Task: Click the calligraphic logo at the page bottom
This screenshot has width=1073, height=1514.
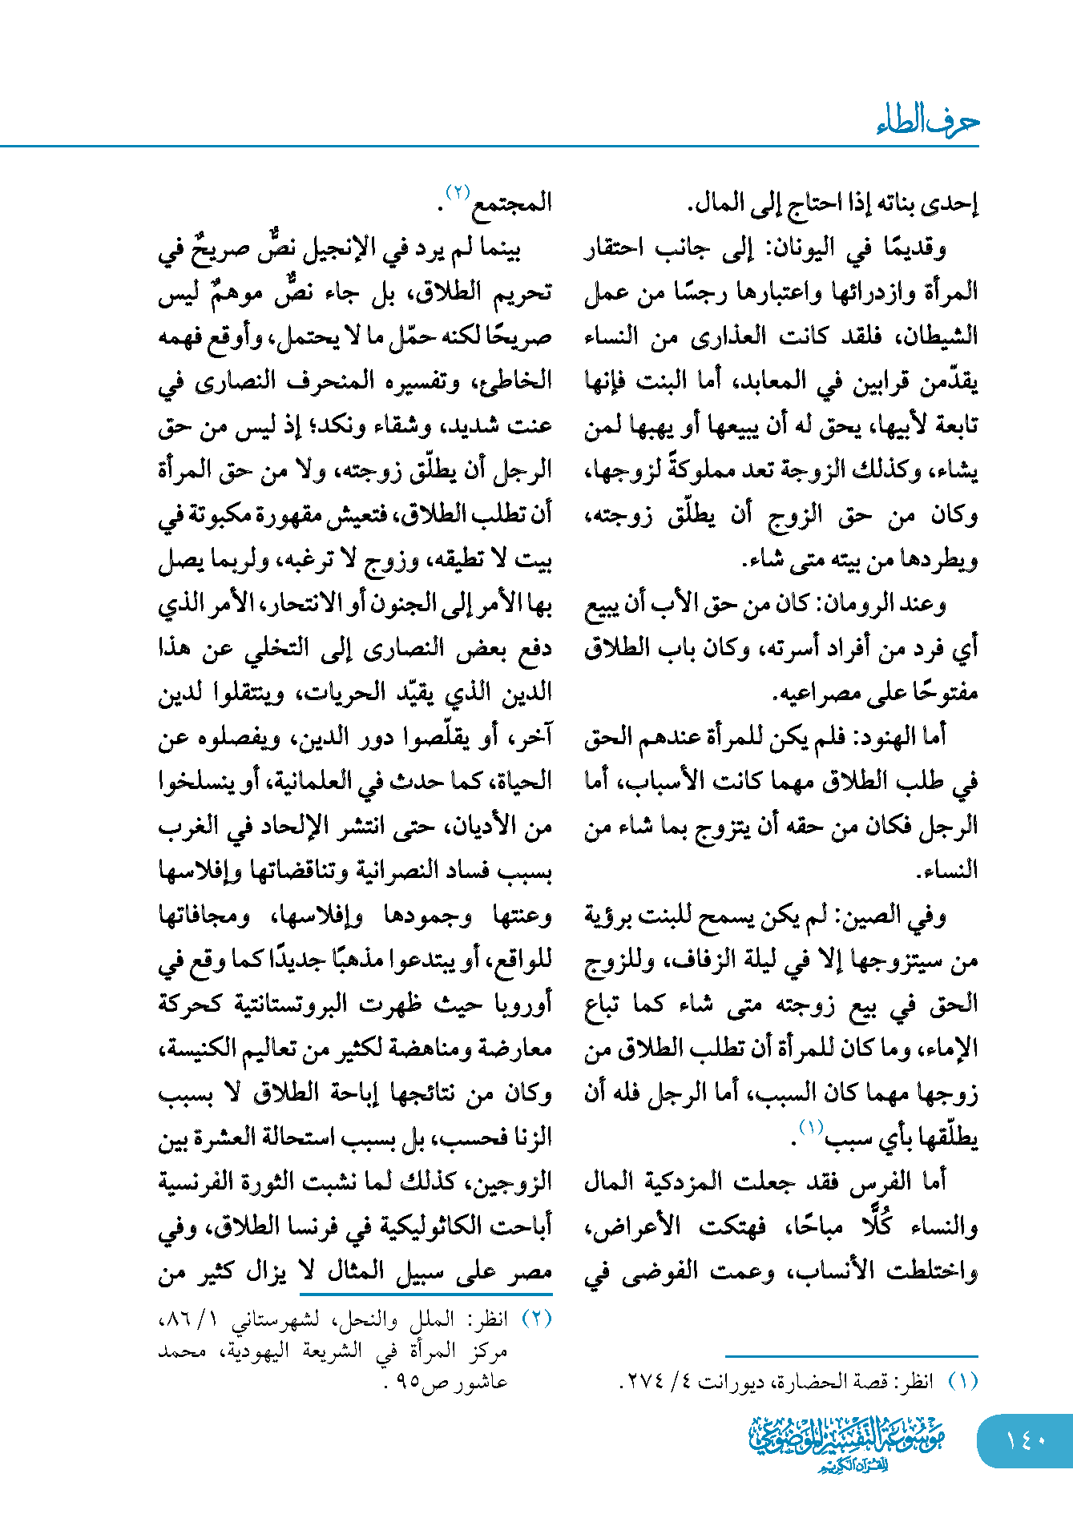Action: tap(847, 1443)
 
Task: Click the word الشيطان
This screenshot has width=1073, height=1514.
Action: tap(938, 336)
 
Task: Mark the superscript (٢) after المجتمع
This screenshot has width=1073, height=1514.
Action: tap(458, 192)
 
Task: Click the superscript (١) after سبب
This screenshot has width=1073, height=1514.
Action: tap(810, 1128)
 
